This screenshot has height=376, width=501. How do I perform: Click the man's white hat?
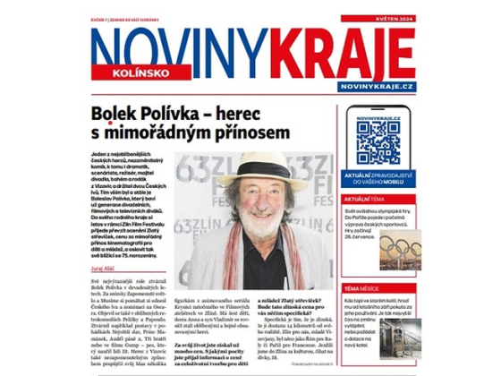253,169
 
